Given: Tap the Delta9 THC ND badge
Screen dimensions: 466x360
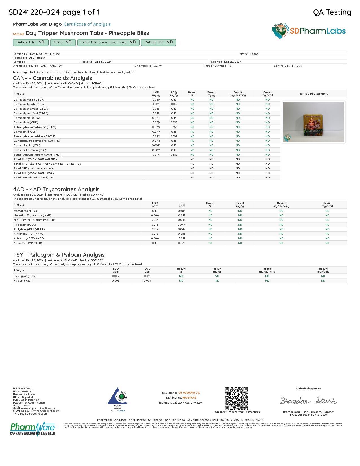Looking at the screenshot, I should tap(30, 42).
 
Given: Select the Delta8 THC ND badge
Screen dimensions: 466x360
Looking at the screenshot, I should tap(158, 42).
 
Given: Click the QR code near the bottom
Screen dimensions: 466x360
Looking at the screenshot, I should tap(236, 399).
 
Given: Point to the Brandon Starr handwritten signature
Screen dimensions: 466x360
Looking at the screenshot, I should tap(308, 401).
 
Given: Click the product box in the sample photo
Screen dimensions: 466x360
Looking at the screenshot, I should tap(313, 123).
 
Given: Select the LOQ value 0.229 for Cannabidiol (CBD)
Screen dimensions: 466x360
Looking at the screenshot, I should tap(174, 123).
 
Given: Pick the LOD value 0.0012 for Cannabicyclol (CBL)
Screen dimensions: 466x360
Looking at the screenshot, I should tap(156, 145).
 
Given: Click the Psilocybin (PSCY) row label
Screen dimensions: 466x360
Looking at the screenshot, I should tap(25, 276).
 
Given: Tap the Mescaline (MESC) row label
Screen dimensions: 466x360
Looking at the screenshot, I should tap(25, 211).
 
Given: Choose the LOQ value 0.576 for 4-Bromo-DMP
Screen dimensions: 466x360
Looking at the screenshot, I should tap(182, 243).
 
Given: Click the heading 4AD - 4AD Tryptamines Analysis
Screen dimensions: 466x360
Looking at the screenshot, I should tap(56, 189).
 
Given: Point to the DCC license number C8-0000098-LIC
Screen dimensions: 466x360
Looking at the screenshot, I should tap(189, 393).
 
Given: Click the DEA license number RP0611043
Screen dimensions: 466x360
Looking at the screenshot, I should tap(189, 398).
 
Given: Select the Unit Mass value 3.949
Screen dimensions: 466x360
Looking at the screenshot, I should tap(158, 66).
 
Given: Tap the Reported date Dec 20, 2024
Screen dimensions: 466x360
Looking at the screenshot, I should tap(233, 62).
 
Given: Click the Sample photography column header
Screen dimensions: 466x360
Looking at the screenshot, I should tap(313, 94).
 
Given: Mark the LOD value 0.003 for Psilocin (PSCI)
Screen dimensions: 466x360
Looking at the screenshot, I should tap(115, 281).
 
